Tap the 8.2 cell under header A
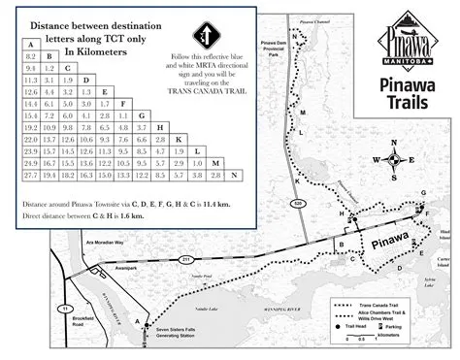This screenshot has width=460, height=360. coord(30,58)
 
